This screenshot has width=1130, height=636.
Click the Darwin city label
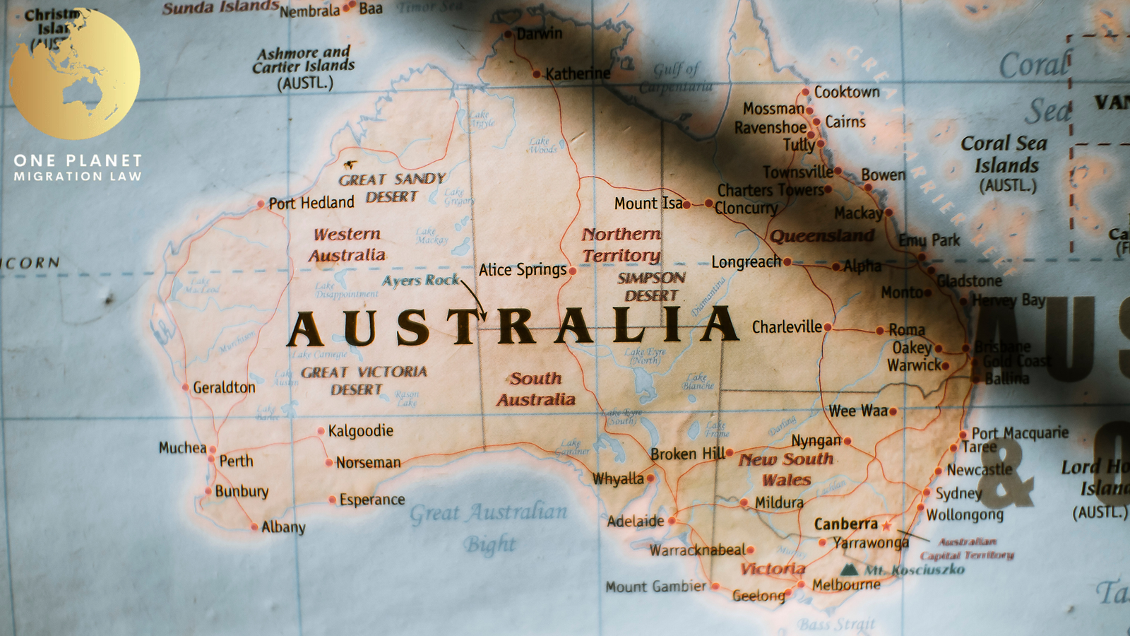point(540,34)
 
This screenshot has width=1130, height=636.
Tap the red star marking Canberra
point(886,525)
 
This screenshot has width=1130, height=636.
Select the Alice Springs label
point(523,270)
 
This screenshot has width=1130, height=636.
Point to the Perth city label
point(236,461)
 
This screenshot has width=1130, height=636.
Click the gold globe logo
point(74,73)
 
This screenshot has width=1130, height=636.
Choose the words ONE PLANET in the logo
point(78,160)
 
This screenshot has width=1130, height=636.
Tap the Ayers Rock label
point(420,281)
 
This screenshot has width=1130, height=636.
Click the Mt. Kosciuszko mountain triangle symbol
point(850,570)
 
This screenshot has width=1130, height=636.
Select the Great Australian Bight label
point(489,526)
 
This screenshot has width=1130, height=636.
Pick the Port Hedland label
point(311,204)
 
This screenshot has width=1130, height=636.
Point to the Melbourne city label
point(846,585)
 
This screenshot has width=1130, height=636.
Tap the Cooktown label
point(847,92)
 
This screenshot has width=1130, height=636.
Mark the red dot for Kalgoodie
point(321,430)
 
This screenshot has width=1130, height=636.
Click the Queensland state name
point(822,236)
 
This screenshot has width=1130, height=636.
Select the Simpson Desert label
point(651,287)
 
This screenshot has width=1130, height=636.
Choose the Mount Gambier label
point(655,587)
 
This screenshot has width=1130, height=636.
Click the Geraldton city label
point(224,388)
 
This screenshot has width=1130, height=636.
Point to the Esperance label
point(372,500)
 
